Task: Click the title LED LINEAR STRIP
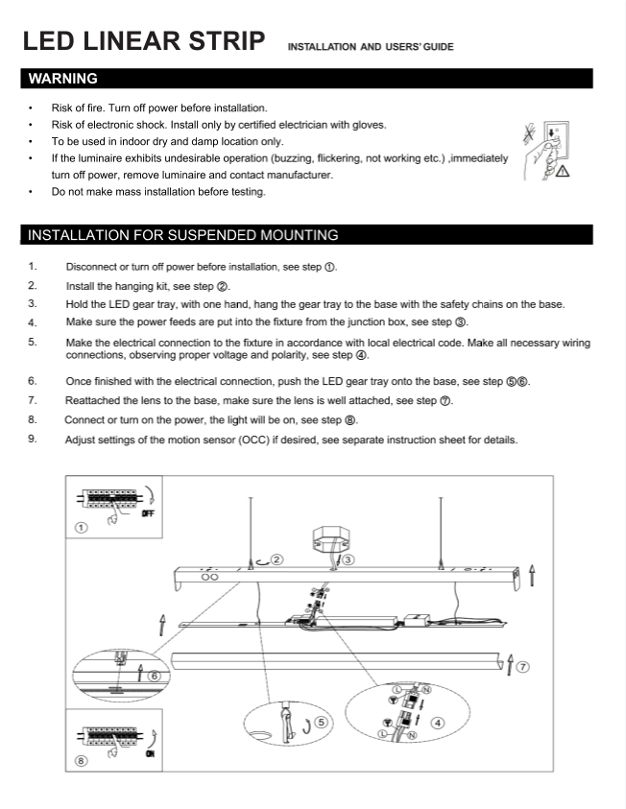(x=144, y=41)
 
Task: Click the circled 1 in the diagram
(x=82, y=527)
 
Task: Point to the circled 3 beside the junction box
(x=349, y=559)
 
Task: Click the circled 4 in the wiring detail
(x=438, y=723)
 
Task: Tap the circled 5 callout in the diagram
(x=321, y=723)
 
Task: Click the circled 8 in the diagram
(x=82, y=762)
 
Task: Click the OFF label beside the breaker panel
(x=148, y=513)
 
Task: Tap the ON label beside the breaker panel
(x=149, y=754)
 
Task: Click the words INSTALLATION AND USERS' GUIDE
(x=371, y=46)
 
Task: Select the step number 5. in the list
(x=33, y=341)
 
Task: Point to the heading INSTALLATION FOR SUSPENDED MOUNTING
(x=182, y=235)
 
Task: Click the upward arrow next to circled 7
(x=510, y=664)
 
